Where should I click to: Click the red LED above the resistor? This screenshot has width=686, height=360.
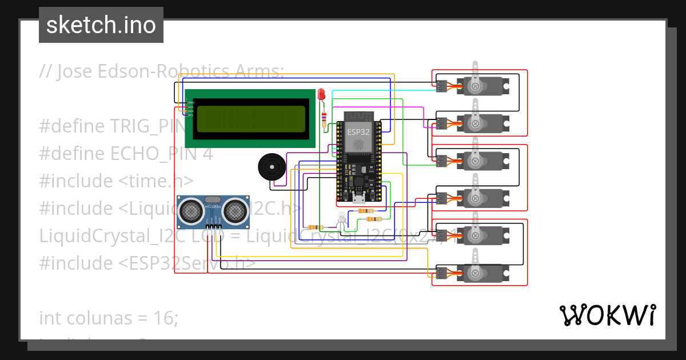coord(321,94)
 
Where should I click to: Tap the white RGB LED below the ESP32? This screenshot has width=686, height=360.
coord(341,217)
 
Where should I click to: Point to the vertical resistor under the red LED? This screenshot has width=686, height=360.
coord(325,119)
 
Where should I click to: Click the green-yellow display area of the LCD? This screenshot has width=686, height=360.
coord(250,119)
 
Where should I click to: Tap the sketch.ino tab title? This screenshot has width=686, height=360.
coord(101,25)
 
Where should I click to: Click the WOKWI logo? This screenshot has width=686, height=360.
coord(607,315)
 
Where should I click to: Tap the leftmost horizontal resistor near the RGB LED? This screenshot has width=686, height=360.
coord(315,227)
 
